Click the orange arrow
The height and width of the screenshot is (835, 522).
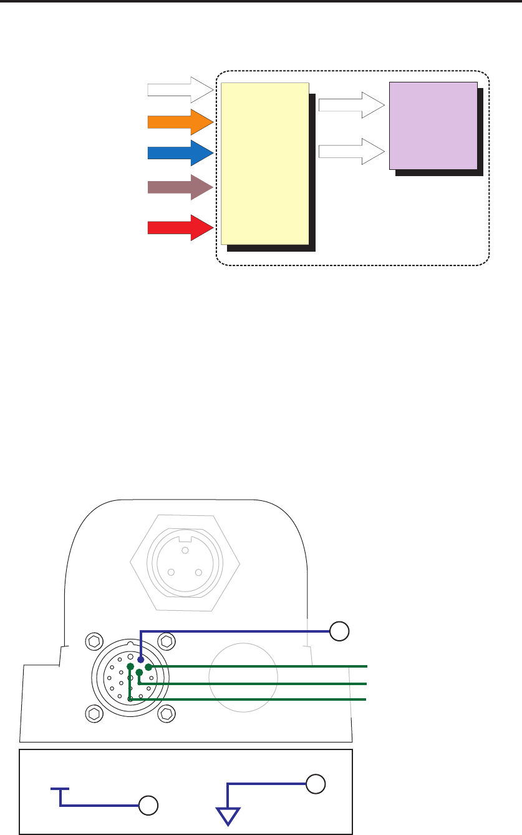point(180,122)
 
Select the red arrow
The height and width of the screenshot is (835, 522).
point(180,227)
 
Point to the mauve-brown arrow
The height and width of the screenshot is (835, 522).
point(180,187)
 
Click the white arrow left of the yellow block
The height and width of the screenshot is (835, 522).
point(180,89)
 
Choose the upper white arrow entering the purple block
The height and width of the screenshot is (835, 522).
point(350,105)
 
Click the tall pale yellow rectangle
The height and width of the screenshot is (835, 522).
point(265,163)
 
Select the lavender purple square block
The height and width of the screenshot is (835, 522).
point(433,126)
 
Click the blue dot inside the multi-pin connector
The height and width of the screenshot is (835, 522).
point(140,658)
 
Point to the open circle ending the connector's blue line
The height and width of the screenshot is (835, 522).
point(339,631)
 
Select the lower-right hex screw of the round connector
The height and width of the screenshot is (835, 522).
point(167,713)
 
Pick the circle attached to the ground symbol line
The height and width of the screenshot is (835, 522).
point(317,783)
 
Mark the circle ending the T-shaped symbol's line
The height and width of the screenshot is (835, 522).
point(147,806)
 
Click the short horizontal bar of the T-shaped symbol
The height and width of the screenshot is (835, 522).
point(60,789)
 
